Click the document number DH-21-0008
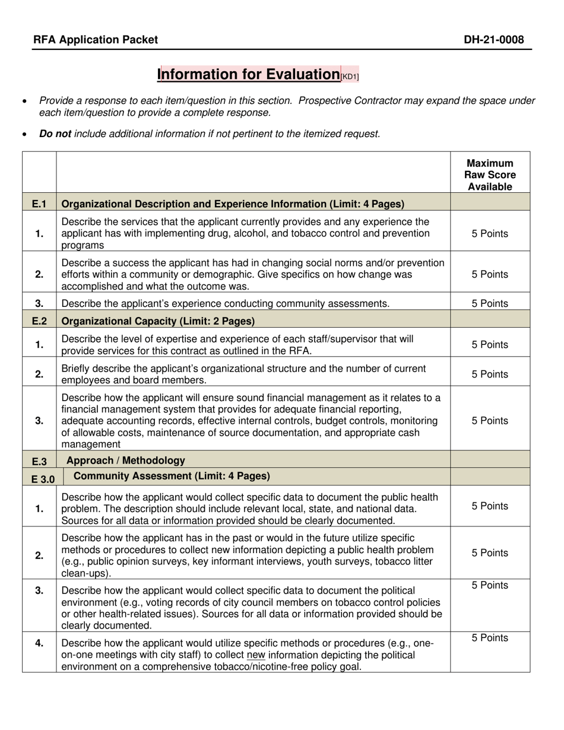pyautogui.click(x=494, y=40)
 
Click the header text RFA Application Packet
pyautogui.click(x=96, y=40)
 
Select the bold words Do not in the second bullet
pyautogui.click(x=55, y=134)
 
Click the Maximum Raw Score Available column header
pyautogui.click(x=490, y=175)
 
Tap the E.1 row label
pyautogui.click(x=39, y=204)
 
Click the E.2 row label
pyautogui.click(x=39, y=321)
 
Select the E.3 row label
pyautogui.click(x=39, y=461)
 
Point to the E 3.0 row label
pyautogui.click(x=39, y=477)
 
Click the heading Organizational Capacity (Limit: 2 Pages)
pyautogui.click(x=158, y=321)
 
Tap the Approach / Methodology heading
pyautogui.click(x=125, y=460)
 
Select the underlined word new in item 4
pyautogui.click(x=255, y=655)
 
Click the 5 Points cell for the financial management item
pyautogui.click(x=490, y=421)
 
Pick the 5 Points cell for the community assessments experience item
pyautogui.click(x=490, y=304)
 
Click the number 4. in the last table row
pyautogui.click(x=39, y=643)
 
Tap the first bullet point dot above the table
pyautogui.click(x=24, y=102)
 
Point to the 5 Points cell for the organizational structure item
pyautogui.click(x=490, y=374)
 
